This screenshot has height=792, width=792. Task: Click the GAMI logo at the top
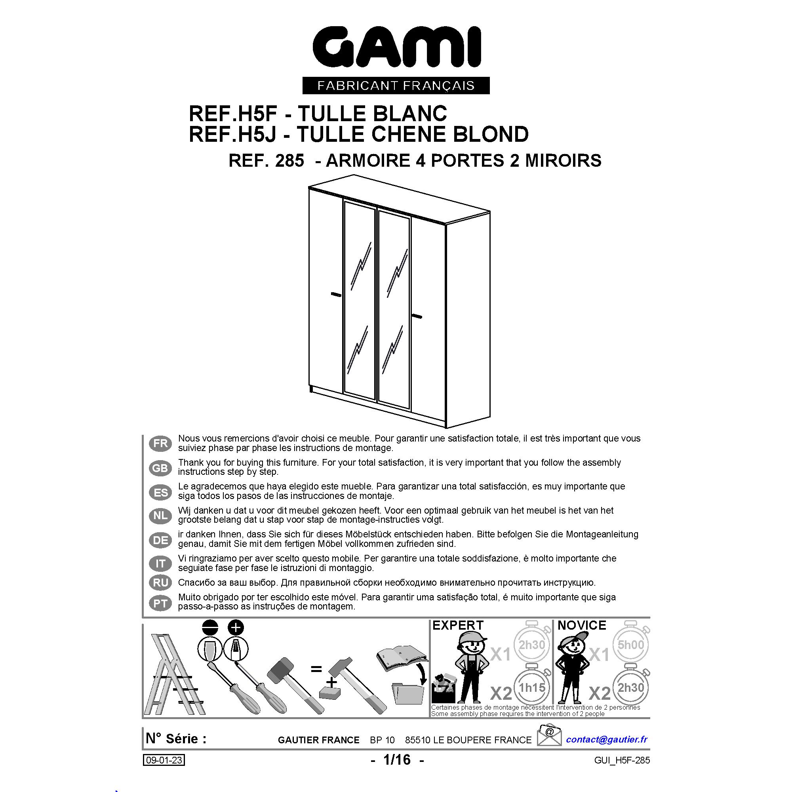[396, 48]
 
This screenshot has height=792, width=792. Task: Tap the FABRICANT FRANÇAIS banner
[396, 86]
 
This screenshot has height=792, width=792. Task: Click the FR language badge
[160, 443]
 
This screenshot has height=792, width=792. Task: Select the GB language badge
[160, 468]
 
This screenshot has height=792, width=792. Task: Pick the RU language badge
[160, 582]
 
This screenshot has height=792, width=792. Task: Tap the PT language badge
[160, 603]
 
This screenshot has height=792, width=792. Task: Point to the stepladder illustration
[174, 675]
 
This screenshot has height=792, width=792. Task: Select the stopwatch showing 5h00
[630, 645]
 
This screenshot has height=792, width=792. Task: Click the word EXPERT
[458, 625]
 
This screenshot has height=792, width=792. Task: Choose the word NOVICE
[582, 625]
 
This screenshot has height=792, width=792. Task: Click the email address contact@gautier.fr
[607, 739]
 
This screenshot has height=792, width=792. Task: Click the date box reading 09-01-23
[164, 760]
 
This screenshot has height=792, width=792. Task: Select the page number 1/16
[396, 760]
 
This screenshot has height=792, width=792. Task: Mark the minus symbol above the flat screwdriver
[210, 628]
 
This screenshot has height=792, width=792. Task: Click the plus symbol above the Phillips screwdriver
[236, 628]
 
